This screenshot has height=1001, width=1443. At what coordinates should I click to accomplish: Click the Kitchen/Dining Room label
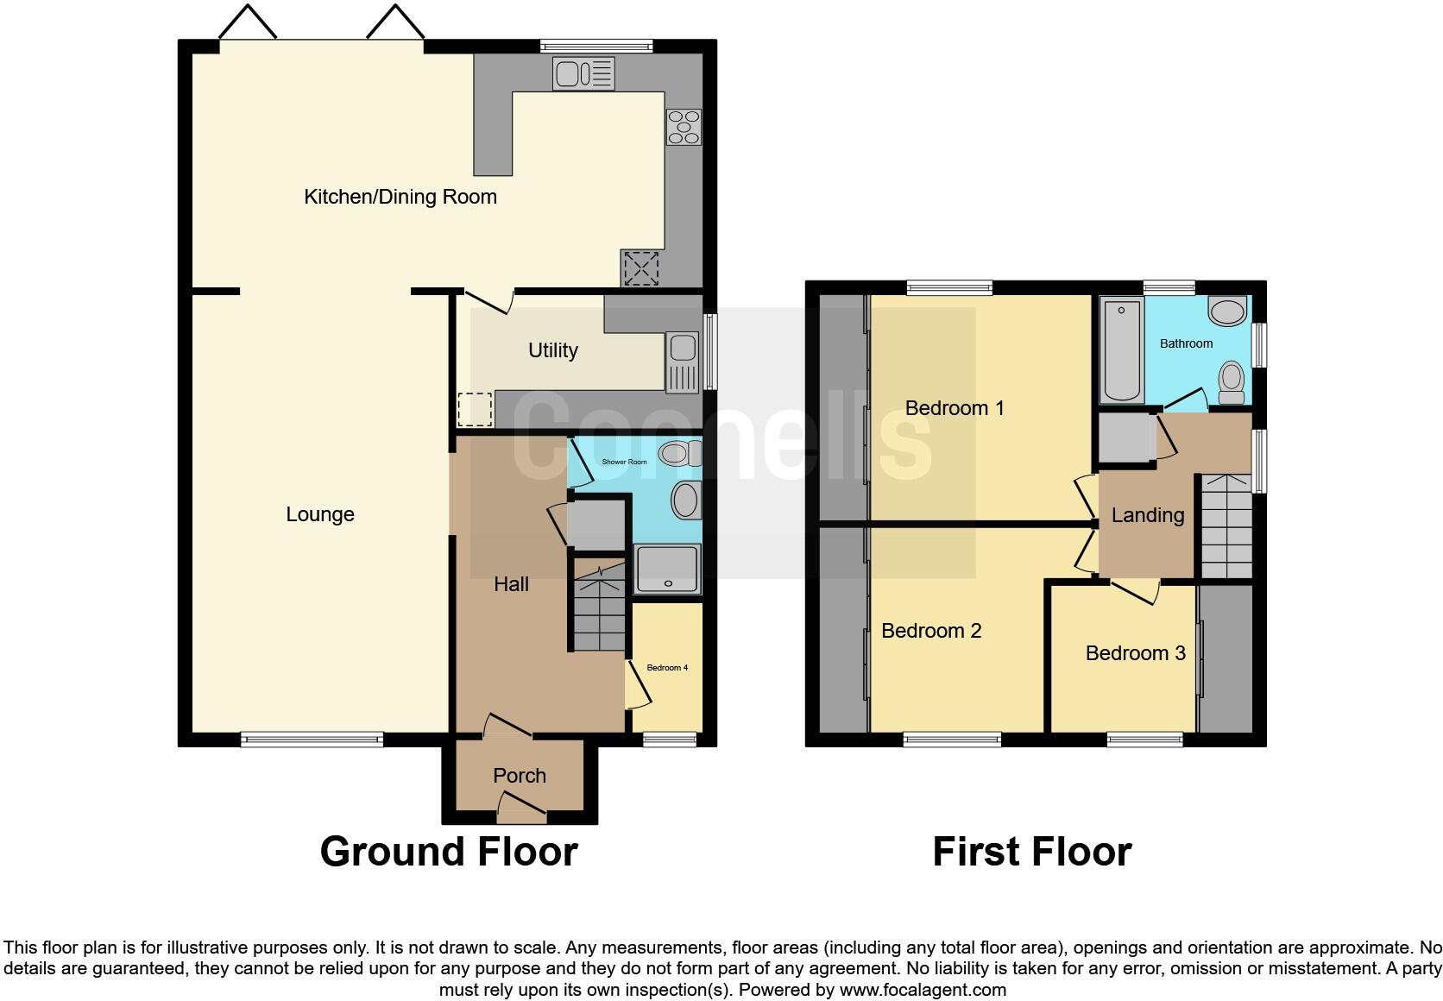coord(400,197)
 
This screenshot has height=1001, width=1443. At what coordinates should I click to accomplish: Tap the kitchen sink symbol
coord(583,74)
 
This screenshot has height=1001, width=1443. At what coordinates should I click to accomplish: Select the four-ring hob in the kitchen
coord(684,127)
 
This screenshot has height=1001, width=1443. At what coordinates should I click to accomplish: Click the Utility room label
coord(552,350)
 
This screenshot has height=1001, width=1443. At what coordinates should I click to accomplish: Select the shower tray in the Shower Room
coord(667,569)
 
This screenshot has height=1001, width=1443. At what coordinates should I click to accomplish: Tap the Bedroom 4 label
coord(667,668)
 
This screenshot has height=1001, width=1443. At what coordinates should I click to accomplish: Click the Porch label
coord(520,776)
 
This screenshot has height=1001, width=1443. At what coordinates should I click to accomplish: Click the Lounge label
coord(320,514)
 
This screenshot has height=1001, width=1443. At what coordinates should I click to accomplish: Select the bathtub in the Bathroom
coord(1122,349)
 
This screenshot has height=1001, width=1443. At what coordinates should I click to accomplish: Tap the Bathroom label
coord(1186,343)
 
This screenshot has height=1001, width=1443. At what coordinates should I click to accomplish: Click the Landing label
coord(1147,515)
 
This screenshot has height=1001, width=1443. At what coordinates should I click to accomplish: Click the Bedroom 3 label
coord(1135,653)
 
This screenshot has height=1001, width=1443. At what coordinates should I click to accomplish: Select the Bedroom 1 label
coord(955,408)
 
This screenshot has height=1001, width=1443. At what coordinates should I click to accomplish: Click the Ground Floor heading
coord(449,852)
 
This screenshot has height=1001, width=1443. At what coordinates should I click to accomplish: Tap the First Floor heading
coord(1031,852)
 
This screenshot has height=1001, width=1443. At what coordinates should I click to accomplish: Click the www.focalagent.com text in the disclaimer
coord(923,990)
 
